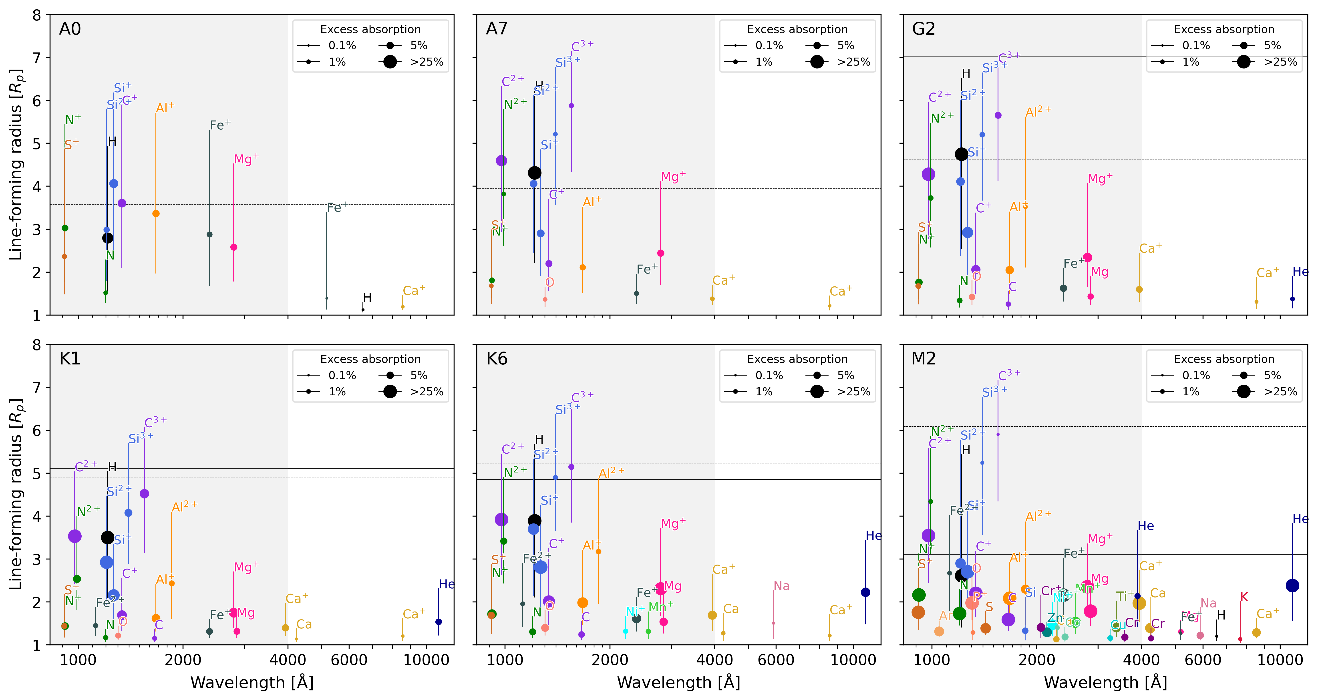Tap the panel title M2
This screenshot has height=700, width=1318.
[924, 359]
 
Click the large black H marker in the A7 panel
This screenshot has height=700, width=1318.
[534, 173]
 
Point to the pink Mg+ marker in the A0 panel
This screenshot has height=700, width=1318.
[234, 247]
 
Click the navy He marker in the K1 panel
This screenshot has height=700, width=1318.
[439, 622]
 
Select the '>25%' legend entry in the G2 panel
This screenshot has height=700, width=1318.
[1280, 62]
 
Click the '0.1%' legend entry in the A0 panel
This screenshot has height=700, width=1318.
[342, 46]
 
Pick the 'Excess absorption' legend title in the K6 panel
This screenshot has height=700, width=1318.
[797, 359]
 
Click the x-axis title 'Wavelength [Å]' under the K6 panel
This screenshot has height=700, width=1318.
[678, 683]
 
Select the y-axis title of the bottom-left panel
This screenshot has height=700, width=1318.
[16, 494]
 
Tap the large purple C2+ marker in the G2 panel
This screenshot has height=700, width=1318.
[928, 175]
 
